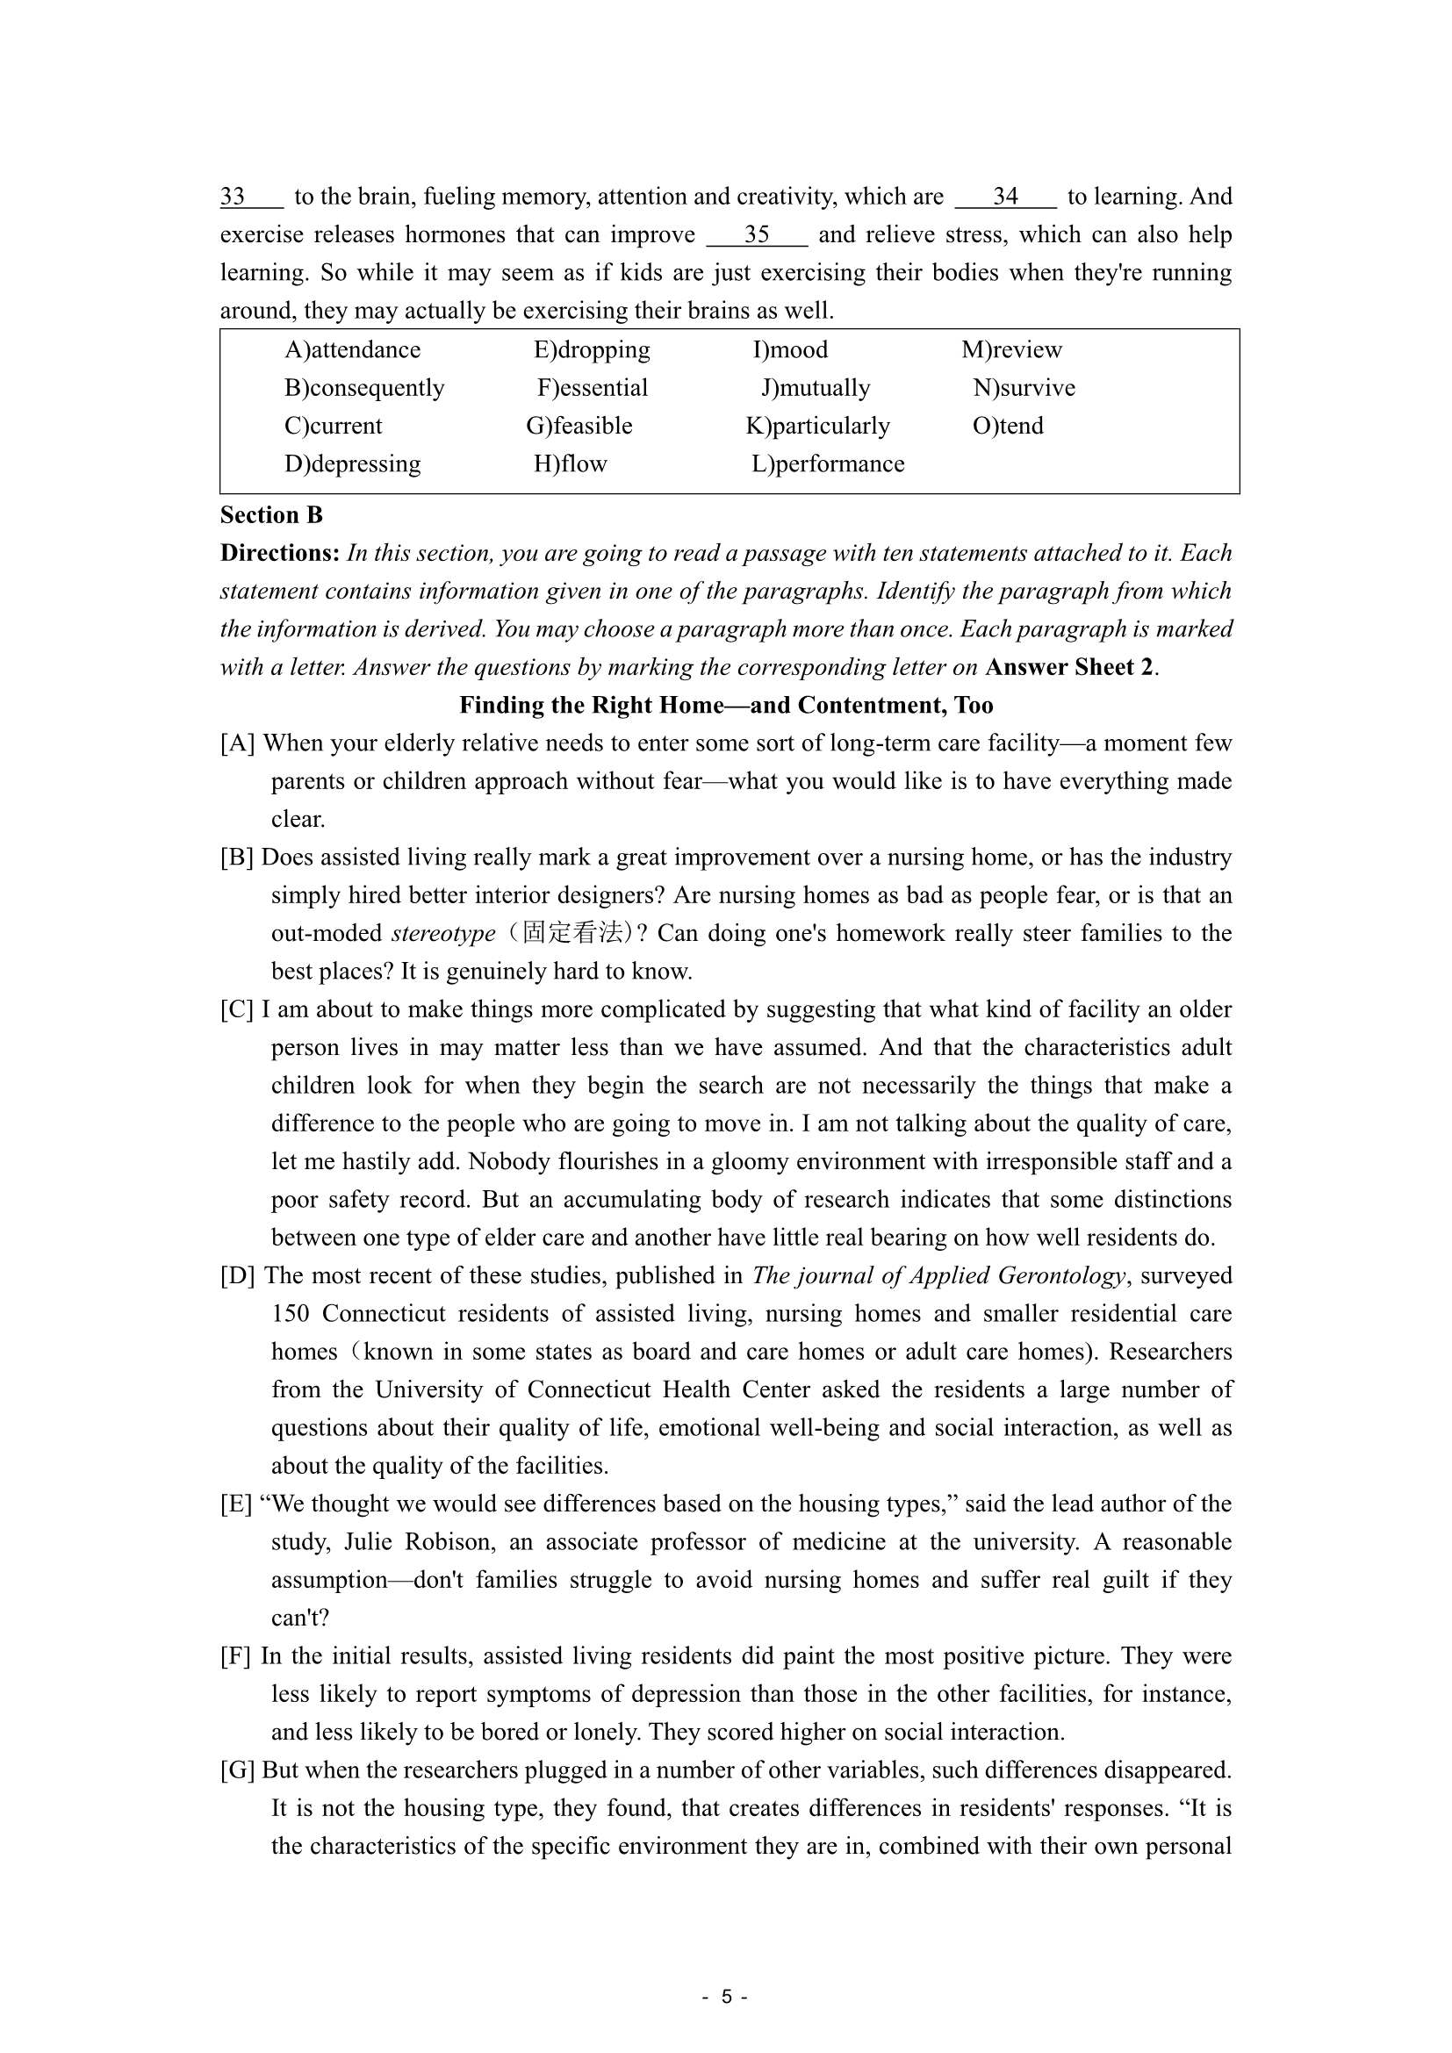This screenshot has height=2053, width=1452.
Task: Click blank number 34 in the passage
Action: coord(1006,197)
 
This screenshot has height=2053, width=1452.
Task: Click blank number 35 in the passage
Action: coord(758,235)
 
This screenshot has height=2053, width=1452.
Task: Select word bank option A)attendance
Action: coord(352,349)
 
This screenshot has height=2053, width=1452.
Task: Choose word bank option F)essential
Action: coord(592,388)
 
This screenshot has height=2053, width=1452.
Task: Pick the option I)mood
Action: coord(790,349)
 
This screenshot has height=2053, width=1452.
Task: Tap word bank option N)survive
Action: coord(1024,388)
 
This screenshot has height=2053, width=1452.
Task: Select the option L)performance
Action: coord(828,464)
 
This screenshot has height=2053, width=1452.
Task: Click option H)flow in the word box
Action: coord(571,464)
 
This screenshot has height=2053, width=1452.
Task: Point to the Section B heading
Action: coord(271,515)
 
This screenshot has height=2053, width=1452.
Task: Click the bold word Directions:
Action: coord(279,554)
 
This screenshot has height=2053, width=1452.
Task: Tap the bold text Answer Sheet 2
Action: coord(1069,668)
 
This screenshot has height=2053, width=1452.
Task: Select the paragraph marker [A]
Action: coord(238,744)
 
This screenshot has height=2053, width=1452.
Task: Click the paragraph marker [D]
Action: coord(238,1276)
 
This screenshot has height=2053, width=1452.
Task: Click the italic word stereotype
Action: coord(443,934)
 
